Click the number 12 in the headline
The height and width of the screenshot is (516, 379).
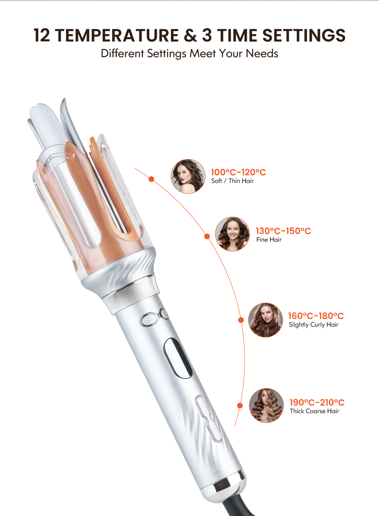pos(42,35)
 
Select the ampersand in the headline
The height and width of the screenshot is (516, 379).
pos(190,35)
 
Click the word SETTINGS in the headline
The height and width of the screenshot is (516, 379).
pos(304,35)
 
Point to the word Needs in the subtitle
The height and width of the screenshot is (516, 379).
pos(262,53)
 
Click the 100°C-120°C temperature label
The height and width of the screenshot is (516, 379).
pos(238,172)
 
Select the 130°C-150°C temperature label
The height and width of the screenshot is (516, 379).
pos(283,231)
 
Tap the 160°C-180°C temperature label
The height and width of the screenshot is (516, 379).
pos(316,316)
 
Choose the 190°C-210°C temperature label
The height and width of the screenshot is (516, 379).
pos(317,403)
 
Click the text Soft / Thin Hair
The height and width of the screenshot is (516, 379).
pos(232,181)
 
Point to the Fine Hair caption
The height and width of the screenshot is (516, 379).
pos(269,240)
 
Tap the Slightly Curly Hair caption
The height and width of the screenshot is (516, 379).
pos(313,325)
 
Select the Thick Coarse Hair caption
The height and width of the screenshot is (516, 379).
pos(315,411)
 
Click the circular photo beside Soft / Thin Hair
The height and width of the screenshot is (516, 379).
pos(188,176)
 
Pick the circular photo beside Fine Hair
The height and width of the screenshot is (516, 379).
pos(232,234)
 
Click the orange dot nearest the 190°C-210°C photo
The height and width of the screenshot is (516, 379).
pos(240,406)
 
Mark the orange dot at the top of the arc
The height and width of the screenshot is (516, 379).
pos(151,179)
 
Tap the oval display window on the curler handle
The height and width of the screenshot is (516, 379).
pos(178,358)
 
